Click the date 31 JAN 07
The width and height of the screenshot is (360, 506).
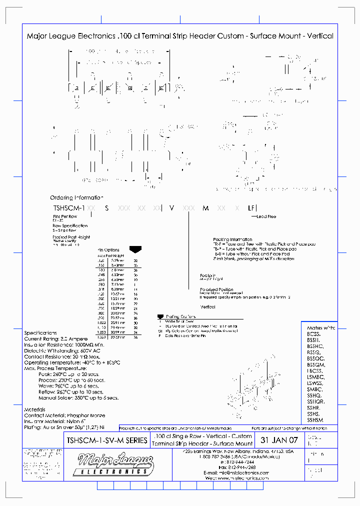[x=279, y=440]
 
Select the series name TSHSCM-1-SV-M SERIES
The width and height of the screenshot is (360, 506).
[x=106, y=440]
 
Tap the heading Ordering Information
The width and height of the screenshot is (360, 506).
[x=76, y=197]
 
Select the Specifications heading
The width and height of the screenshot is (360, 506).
[x=40, y=332]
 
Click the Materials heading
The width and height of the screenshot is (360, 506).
[x=34, y=409]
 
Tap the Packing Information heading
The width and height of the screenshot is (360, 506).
[x=232, y=239]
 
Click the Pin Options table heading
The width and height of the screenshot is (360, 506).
[x=108, y=249]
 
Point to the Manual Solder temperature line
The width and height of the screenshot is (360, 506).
[x=78, y=397]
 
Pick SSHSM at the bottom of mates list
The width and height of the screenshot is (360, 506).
[x=315, y=420]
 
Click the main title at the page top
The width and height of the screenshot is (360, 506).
[x=179, y=36]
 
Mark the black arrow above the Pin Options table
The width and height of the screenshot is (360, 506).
[x=134, y=248]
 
